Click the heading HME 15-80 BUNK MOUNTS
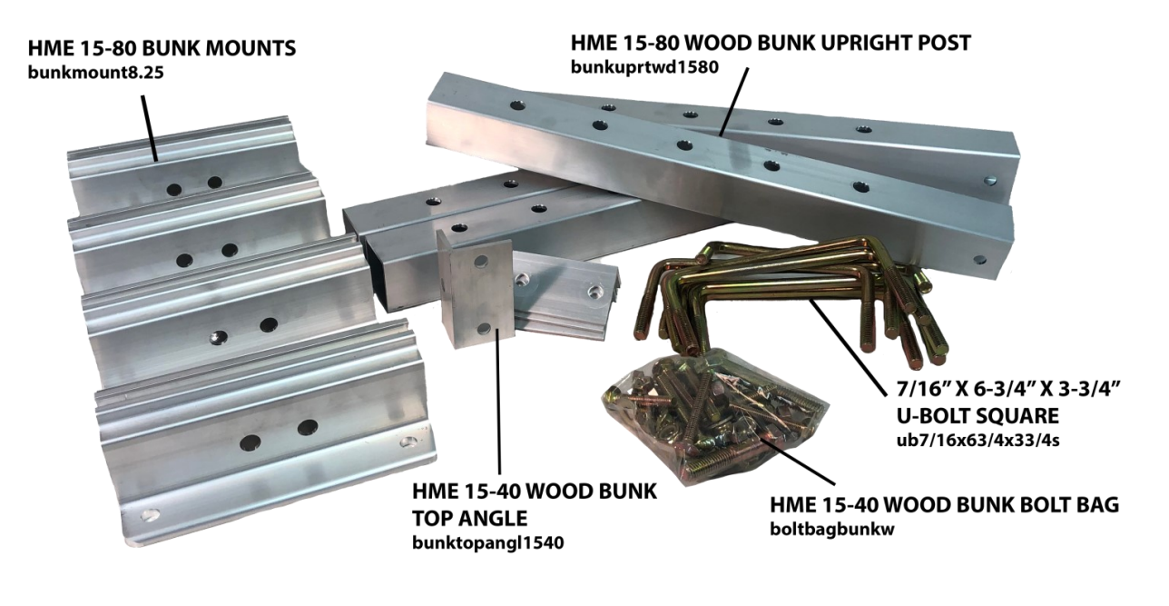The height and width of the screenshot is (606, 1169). click(x=162, y=49)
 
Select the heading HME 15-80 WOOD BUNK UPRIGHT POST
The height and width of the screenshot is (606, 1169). click(x=771, y=43)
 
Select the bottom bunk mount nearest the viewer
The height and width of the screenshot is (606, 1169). click(x=263, y=436)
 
